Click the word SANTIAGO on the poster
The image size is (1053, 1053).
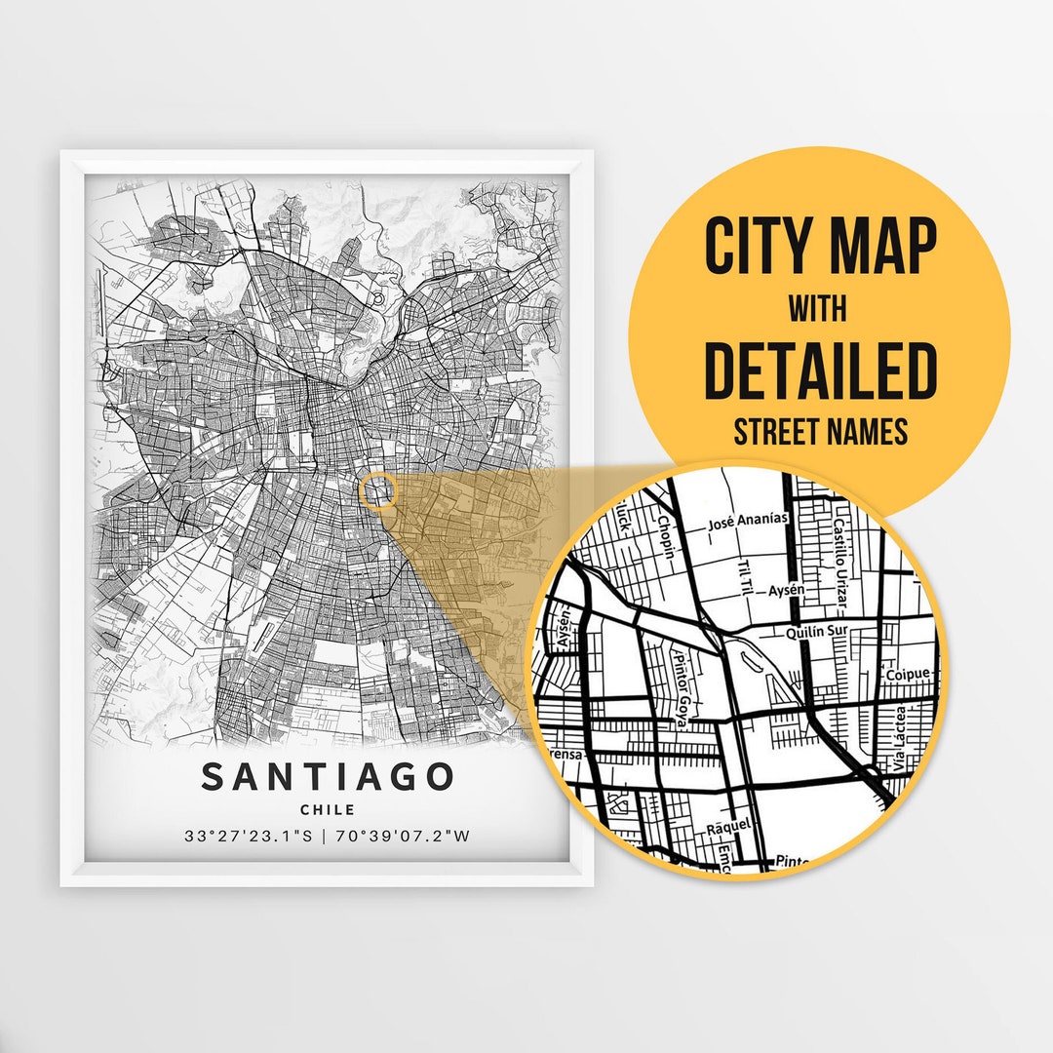coord(328,777)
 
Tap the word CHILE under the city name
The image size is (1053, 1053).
coord(328,809)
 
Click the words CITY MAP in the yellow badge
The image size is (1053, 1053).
coord(819,248)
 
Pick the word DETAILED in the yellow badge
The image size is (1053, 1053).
coord(819,371)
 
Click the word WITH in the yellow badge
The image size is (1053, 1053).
coord(819,310)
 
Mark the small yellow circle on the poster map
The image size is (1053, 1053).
coord(378,490)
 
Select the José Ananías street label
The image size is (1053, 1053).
coord(747,523)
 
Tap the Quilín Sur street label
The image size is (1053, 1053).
coord(817,632)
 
